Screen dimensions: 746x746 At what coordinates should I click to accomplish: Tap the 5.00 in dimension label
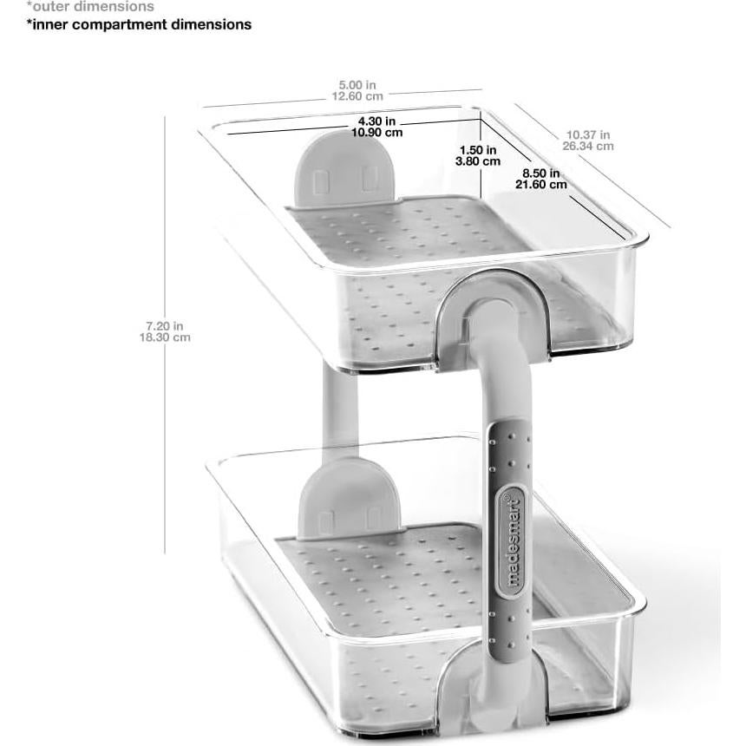(x=357, y=85)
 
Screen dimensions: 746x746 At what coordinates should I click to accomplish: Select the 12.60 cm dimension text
(x=357, y=96)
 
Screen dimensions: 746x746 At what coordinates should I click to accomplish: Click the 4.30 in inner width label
(x=376, y=121)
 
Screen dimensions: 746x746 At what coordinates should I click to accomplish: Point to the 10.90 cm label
(x=376, y=133)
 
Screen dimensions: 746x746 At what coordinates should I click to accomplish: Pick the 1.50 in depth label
(x=479, y=149)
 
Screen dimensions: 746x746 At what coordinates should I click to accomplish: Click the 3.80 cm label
(x=479, y=160)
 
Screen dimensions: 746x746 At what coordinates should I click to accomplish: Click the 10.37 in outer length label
(x=588, y=134)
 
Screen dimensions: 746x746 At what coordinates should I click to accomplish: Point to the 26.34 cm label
(x=588, y=146)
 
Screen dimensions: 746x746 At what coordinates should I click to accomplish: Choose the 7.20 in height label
(x=165, y=325)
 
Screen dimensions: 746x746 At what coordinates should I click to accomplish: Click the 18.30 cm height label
(x=165, y=337)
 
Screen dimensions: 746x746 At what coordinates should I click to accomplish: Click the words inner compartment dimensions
(x=139, y=24)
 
